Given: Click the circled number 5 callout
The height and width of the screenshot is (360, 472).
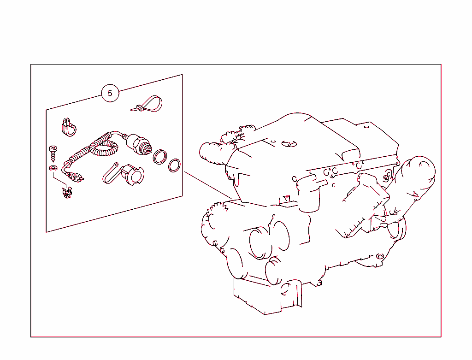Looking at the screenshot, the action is [x=110, y=93].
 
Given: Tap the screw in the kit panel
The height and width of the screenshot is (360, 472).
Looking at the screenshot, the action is [x=53, y=153].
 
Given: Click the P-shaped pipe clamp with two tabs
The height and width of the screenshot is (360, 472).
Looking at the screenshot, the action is [x=69, y=127].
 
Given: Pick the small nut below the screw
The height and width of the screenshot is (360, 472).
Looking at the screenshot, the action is [x=53, y=168].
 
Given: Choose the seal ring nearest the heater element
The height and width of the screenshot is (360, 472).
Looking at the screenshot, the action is [x=160, y=157].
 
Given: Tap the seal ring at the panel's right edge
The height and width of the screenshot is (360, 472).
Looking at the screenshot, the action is [x=174, y=165].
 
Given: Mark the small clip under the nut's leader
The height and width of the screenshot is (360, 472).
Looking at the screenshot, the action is [x=67, y=193].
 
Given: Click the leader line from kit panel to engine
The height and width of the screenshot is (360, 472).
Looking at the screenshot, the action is [x=208, y=185].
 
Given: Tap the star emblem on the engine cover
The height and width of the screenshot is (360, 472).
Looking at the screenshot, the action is [x=289, y=144].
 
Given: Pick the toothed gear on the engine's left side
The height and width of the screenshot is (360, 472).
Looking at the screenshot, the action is [x=214, y=215].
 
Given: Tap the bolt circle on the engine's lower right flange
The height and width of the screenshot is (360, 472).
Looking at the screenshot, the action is [x=380, y=257].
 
